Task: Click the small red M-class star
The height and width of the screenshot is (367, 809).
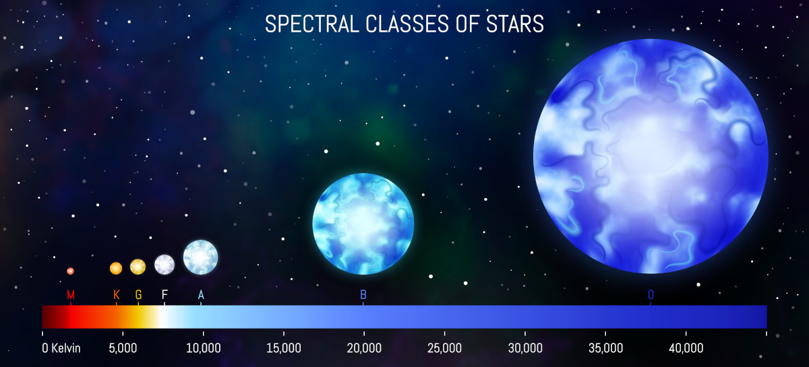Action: click(x=70, y=271)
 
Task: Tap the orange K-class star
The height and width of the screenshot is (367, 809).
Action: click(x=116, y=268)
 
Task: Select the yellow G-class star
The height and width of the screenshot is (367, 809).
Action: click(x=138, y=267)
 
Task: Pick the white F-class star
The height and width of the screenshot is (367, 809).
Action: click(x=164, y=265)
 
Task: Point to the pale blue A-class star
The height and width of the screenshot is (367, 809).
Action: click(x=201, y=257)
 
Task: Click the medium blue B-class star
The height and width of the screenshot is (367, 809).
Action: click(x=363, y=224)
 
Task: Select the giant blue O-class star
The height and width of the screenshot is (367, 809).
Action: click(x=651, y=156)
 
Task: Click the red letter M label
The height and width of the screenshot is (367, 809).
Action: click(x=71, y=295)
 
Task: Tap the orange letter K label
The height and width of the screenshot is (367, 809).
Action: click(x=116, y=295)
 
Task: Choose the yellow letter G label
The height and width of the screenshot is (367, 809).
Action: click(x=138, y=295)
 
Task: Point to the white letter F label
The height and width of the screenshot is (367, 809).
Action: click(x=164, y=295)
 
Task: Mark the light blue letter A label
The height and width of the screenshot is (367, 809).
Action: click(x=201, y=295)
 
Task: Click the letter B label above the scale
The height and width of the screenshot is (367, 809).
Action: click(x=363, y=295)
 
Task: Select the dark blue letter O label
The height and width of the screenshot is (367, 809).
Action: click(x=651, y=295)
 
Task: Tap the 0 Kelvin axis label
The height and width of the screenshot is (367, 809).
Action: click(x=61, y=348)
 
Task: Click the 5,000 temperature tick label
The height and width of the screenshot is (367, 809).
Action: click(x=123, y=348)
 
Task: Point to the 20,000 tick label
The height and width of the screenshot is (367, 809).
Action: click(x=364, y=348)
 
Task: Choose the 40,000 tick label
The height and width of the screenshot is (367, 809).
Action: click(x=686, y=348)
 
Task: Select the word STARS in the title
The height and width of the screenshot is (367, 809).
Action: click(x=515, y=24)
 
